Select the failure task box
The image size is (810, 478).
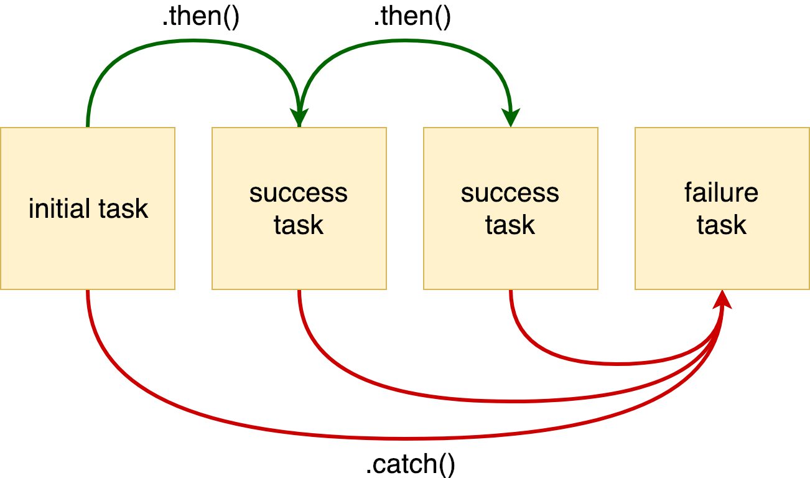[x=722, y=255]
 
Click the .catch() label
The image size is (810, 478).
[x=410, y=464]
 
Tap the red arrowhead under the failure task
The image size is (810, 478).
[x=722, y=299]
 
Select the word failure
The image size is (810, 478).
[x=722, y=193]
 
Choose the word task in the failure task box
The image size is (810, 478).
[x=722, y=225]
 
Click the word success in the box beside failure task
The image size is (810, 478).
[x=510, y=193]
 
